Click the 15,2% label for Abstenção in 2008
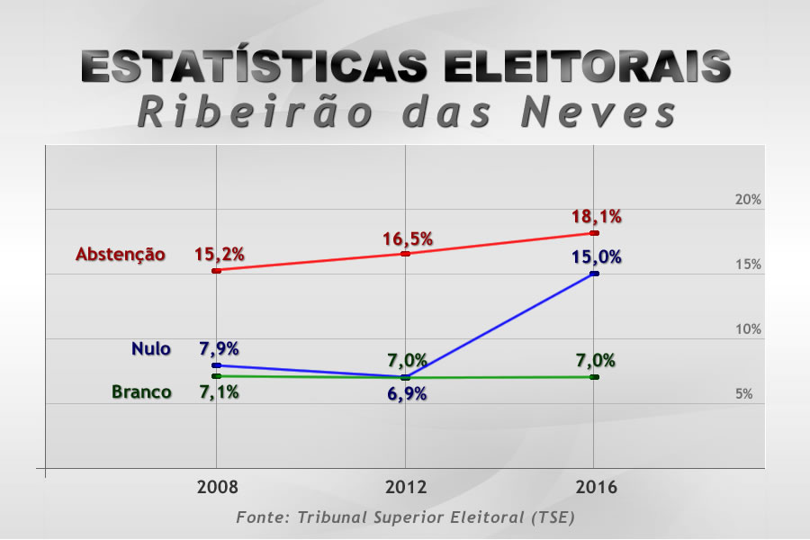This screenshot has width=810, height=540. coord(220,254)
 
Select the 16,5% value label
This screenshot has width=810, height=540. coord(407,239)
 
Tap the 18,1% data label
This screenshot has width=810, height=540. coord(596,217)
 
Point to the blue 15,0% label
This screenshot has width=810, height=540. coord(596,257)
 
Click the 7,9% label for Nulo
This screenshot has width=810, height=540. coord(219,349)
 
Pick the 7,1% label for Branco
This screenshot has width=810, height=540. coord(219,391)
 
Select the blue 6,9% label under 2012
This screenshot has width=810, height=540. coord(407,394)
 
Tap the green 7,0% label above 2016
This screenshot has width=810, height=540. coord(596,361)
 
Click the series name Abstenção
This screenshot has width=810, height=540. coord(121,255)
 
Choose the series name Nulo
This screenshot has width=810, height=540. coord(150,349)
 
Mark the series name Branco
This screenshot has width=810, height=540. coord(141,391)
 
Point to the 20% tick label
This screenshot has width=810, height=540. coord(748,200)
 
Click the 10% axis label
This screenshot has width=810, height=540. coord(748,329)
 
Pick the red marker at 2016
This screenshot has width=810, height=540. coord(594,233)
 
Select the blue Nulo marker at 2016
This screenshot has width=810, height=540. coord(594,274)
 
